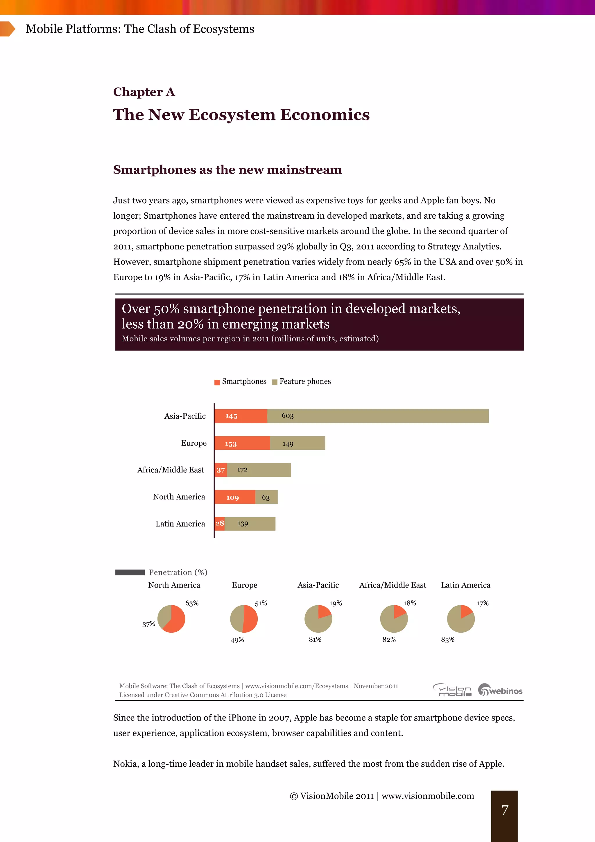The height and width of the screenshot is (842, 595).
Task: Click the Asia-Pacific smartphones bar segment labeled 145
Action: point(241,416)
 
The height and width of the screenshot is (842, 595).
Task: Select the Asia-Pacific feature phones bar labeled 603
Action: point(378,416)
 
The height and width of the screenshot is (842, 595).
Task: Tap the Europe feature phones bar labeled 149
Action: point(297,443)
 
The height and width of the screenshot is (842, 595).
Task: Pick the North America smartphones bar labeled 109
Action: point(234,497)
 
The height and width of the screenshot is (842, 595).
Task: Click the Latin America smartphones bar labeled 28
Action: point(219,524)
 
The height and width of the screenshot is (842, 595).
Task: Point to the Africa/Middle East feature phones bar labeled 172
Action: point(259,470)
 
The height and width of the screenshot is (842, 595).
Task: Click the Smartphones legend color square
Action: point(217,382)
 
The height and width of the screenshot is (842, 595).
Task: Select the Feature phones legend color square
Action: point(275,382)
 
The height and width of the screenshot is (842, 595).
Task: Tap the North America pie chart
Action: point(171,619)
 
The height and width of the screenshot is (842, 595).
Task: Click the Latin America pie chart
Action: point(460,619)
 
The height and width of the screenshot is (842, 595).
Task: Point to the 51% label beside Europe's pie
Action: point(261,603)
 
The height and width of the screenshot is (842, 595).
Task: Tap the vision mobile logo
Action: point(452,690)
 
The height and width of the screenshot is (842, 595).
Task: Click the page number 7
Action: point(505,810)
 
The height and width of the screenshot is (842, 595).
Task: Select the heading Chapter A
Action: point(144,92)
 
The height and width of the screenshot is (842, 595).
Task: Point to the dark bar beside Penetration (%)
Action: point(130,572)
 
